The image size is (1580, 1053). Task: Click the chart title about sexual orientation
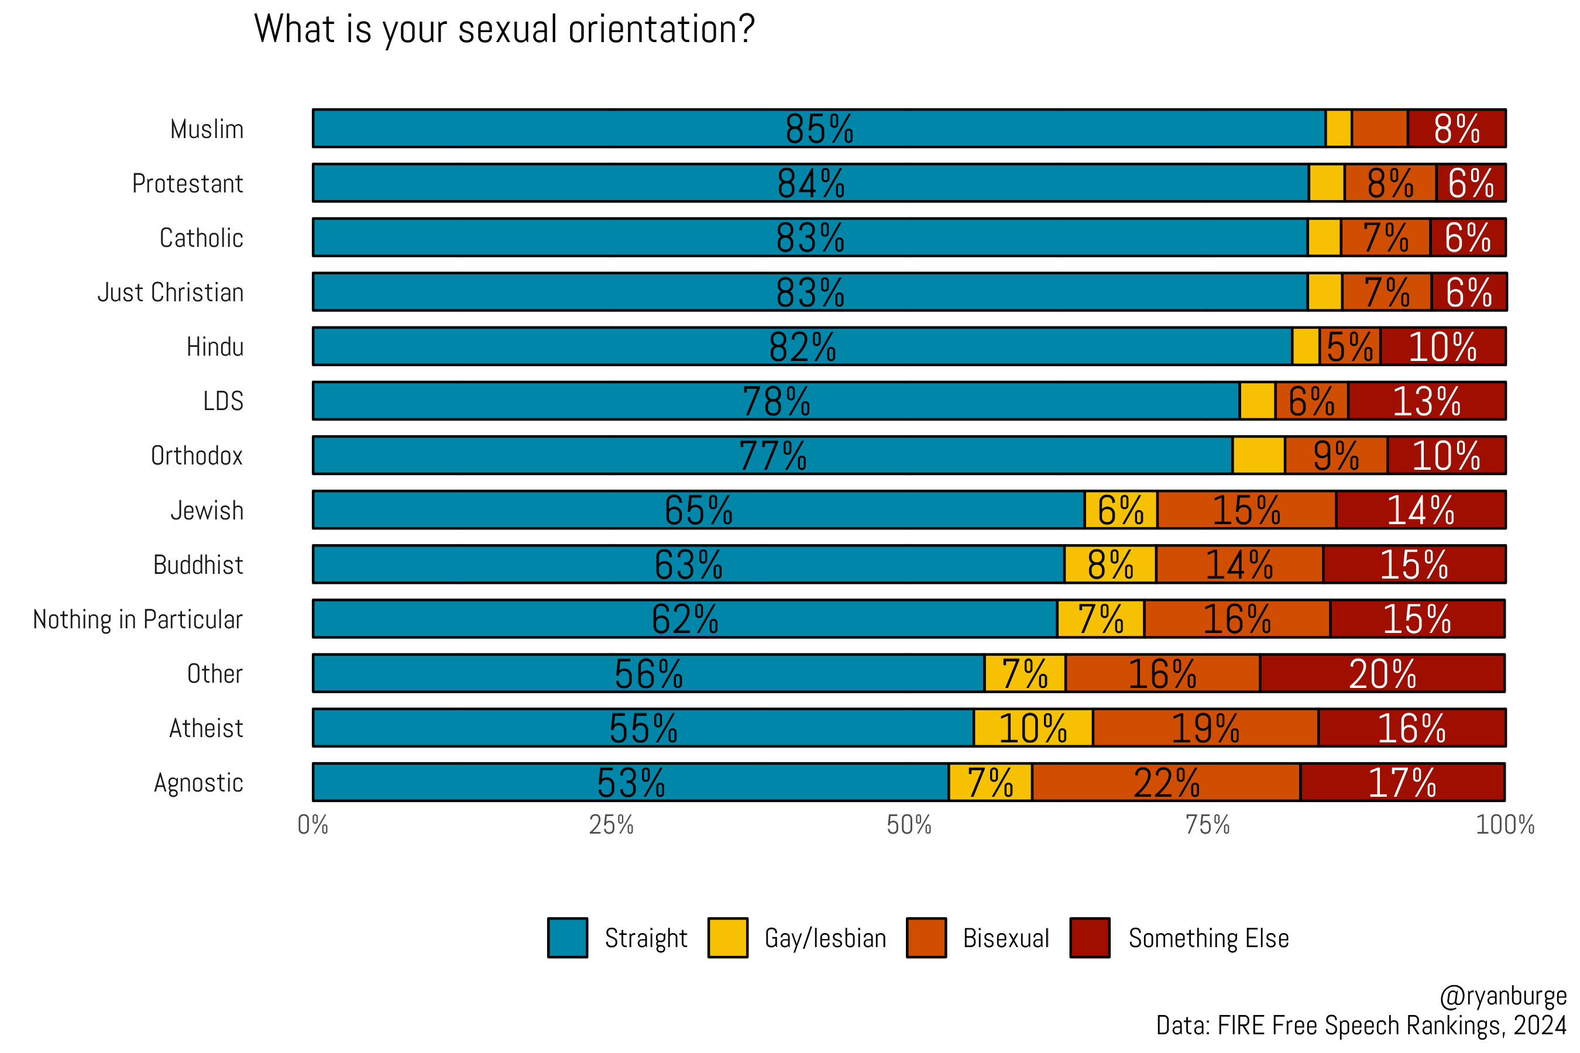coord(504,30)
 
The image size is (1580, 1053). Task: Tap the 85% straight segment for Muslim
coord(818,128)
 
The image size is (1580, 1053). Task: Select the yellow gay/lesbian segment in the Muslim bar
coord(1338,128)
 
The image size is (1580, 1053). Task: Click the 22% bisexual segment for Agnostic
coord(1166,782)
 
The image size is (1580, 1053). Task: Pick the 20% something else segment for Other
coord(1382,673)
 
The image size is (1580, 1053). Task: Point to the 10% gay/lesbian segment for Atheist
coord(1032,728)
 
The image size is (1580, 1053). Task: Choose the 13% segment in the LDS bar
coord(1426,401)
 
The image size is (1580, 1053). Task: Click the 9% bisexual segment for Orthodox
coord(1335,456)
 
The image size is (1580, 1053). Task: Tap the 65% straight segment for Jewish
coord(698,510)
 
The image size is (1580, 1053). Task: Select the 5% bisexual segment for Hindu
coord(1349,346)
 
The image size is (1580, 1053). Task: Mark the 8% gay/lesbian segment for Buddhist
coord(1110,565)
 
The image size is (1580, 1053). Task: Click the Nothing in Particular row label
coord(138,619)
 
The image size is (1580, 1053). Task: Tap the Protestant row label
coord(187,183)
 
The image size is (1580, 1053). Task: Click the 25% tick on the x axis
coord(610,825)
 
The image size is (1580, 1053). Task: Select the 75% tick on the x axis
coord(1207,825)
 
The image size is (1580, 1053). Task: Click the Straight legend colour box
coord(567,938)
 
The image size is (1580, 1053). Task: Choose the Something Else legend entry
coord(1208,938)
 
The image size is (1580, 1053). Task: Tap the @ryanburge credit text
coord(1503,996)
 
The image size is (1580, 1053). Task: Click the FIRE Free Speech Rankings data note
coord(1361,1026)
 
